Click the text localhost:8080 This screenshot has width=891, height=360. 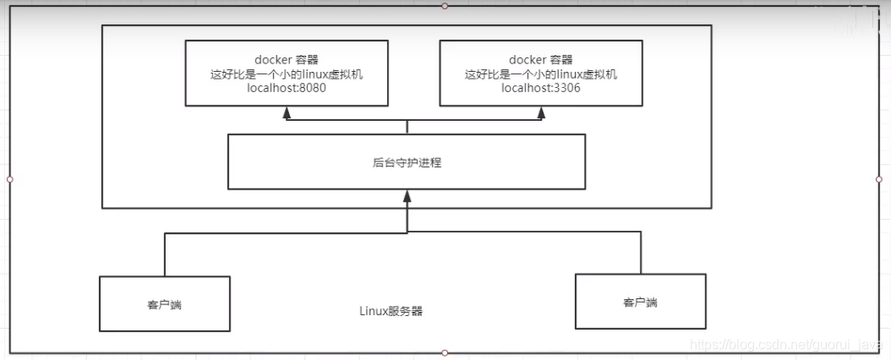(x=287, y=88)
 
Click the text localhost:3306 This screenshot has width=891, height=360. (x=540, y=88)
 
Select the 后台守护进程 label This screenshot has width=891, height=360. (x=407, y=162)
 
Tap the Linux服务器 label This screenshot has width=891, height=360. (x=391, y=311)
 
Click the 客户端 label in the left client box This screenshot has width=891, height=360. (x=164, y=304)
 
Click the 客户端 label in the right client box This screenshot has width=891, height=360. (x=640, y=301)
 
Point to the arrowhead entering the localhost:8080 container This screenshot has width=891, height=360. (x=287, y=111)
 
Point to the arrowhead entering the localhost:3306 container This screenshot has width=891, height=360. (x=540, y=111)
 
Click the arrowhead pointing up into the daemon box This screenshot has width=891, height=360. (x=407, y=195)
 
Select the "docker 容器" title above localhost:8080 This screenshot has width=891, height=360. (x=287, y=59)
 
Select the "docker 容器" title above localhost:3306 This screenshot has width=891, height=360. (x=540, y=59)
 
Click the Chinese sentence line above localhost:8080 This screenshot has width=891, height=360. (x=287, y=74)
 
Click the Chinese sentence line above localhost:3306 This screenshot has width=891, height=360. (x=540, y=74)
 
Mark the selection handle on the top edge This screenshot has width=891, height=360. (x=445, y=6)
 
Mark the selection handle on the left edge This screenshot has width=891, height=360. (x=9, y=179)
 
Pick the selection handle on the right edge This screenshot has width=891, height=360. (x=879, y=179)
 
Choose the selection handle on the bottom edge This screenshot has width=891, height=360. (x=445, y=352)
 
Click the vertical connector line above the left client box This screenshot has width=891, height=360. (x=165, y=254)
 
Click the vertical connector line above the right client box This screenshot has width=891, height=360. (x=641, y=253)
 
